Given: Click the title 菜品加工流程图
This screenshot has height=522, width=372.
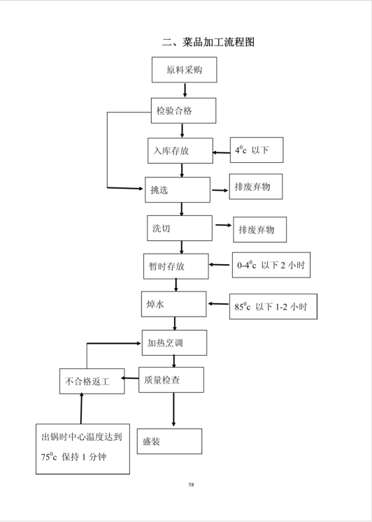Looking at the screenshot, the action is coord(208,42).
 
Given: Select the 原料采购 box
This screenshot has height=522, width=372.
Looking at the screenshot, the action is coord(185,70).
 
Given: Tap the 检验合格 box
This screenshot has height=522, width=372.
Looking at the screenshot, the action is coord(183,110).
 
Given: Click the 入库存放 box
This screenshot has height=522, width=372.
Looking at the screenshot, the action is coord(180,151).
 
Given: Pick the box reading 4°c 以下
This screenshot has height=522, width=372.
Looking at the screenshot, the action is coord(257,150).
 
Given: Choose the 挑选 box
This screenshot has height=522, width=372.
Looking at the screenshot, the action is coord(178,190).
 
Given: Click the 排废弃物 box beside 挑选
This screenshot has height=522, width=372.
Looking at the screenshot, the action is coord(256,187).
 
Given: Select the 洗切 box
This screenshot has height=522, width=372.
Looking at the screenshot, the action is coord(180,228).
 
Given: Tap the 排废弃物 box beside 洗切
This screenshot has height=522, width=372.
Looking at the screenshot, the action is coord(259,230).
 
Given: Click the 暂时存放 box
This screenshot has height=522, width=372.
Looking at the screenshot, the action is coord(176,266).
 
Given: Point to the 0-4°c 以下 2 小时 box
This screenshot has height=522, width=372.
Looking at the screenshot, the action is coord(271,265).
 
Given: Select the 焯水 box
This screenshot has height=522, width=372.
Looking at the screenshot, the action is coord(174,304).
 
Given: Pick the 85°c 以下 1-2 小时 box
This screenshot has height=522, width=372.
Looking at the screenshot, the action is coord(273,307).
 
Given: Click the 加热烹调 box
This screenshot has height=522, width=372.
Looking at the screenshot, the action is coord(175,343).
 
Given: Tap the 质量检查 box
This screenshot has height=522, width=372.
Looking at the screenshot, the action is coord(171,380).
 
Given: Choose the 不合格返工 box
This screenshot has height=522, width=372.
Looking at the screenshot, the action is coord(92,381).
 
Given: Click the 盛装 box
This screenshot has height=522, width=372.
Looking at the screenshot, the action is coord(169,442).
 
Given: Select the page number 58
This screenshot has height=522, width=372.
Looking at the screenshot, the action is coord(191,485).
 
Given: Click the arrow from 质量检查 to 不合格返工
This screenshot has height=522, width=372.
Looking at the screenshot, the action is coord(130,378).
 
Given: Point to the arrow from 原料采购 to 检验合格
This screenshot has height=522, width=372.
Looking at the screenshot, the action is coord(185,90).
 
